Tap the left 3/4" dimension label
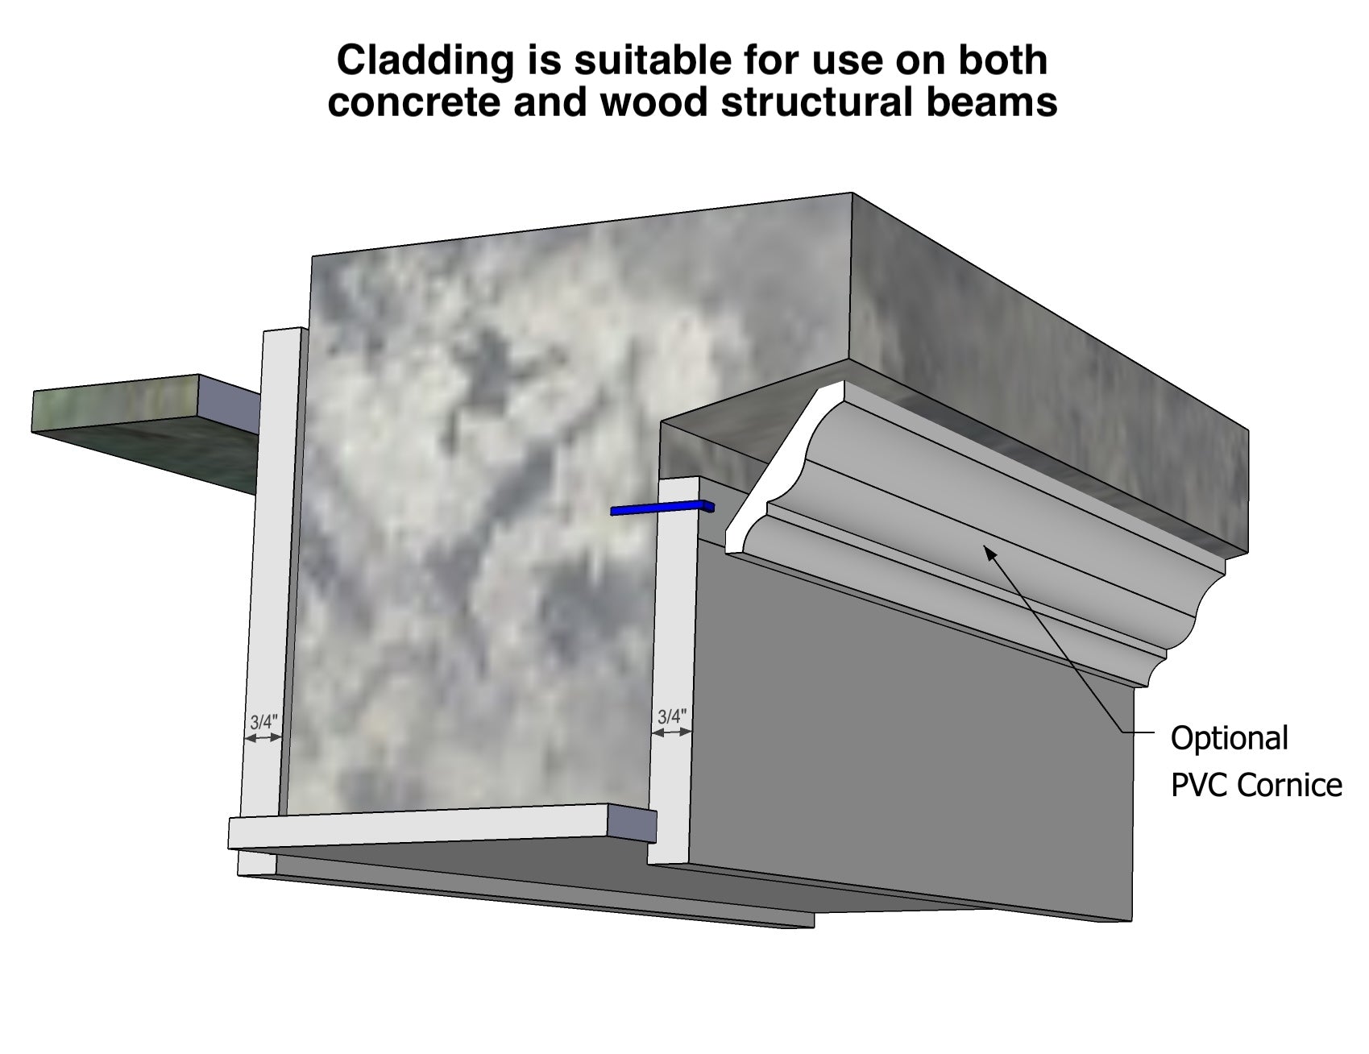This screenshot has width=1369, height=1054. pyautogui.click(x=263, y=721)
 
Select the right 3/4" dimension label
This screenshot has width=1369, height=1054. pyautogui.click(x=672, y=716)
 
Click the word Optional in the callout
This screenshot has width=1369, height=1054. pyautogui.click(x=1229, y=739)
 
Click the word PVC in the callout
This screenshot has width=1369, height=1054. pyautogui.click(x=1199, y=785)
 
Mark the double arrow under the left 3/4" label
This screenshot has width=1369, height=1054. pyautogui.click(x=263, y=737)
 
